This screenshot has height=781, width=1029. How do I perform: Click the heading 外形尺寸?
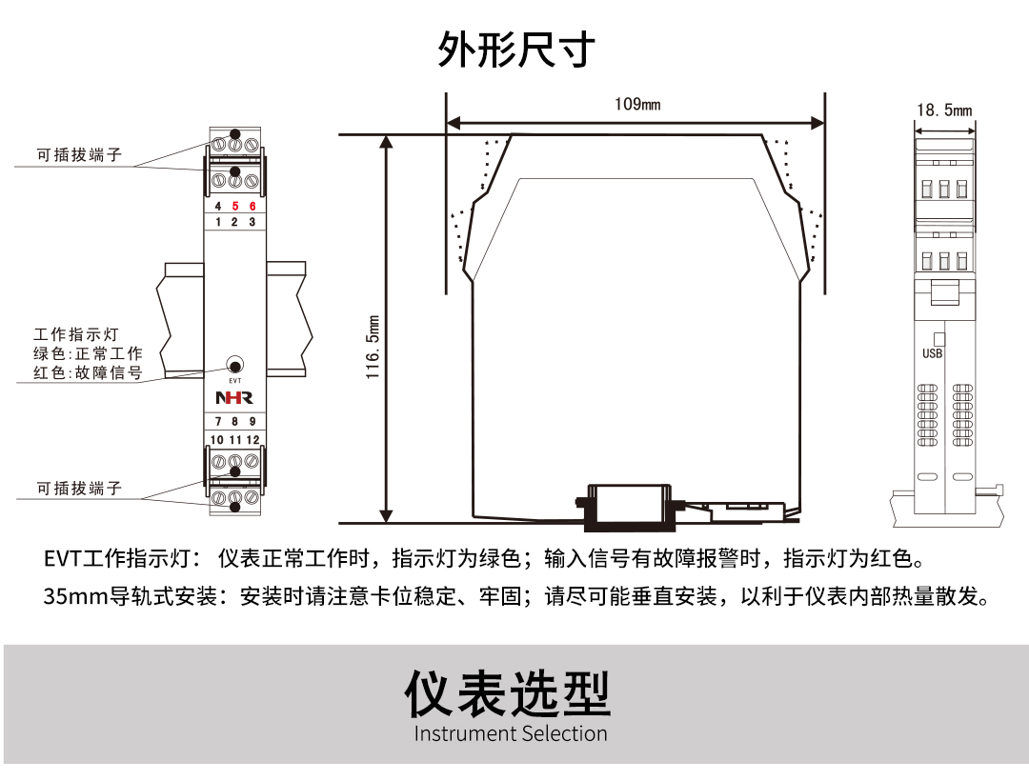[x=516, y=50]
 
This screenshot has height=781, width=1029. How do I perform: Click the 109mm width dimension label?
[x=636, y=104]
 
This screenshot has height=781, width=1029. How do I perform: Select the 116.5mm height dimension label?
[x=373, y=348]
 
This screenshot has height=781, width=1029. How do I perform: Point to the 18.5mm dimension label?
[x=944, y=110]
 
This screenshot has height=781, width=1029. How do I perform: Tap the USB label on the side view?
[x=933, y=354]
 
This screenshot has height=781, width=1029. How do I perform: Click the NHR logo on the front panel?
[x=234, y=397]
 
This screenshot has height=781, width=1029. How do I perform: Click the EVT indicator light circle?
[x=235, y=365]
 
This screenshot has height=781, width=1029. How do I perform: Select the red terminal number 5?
[x=235, y=207]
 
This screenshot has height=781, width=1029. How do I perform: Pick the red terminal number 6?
[x=252, y=207]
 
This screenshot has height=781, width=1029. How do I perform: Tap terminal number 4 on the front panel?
[x=218, y=207]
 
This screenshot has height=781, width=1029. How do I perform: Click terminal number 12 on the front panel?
[x=252, y=440]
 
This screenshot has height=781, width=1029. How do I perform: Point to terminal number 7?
[x=218, y=422]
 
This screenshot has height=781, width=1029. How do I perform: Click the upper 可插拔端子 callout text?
[x=80, y=154]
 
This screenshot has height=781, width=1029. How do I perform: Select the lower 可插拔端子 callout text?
[x=80, y=488]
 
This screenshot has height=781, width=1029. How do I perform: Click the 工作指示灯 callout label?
[x=75, y=335]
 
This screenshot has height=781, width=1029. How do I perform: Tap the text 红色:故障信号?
[x=88, y=373]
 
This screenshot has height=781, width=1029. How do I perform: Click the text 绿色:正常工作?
[x=88, y=354]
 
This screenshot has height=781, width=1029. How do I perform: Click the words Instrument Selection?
[x=511, y=733]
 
